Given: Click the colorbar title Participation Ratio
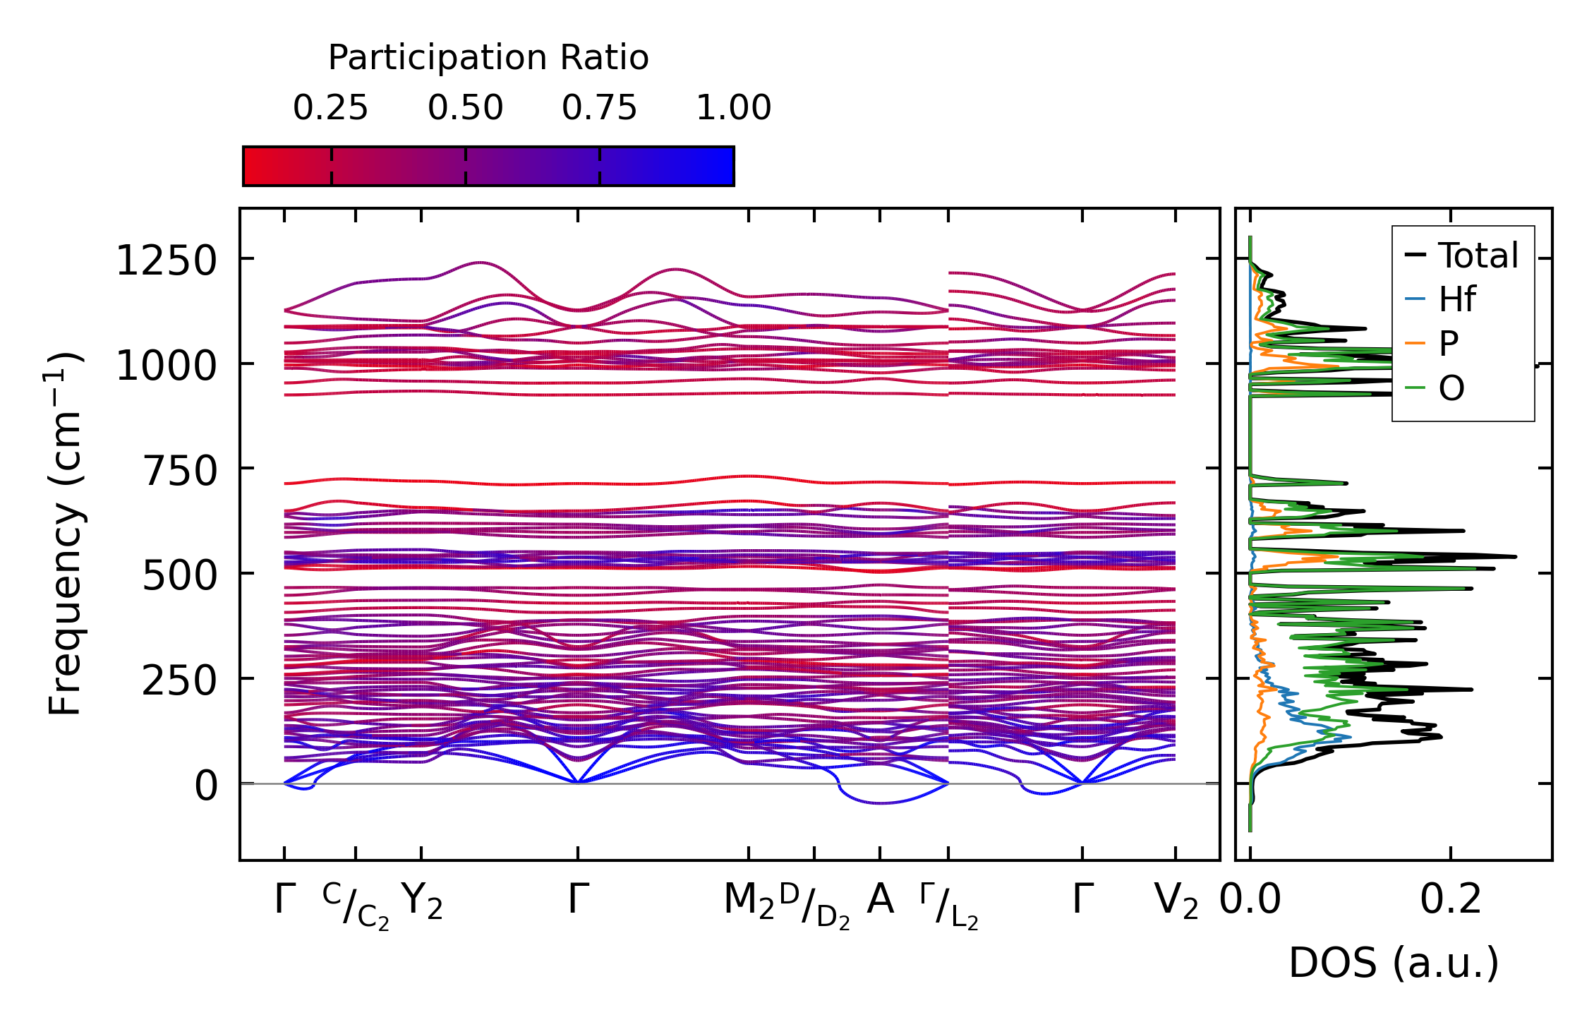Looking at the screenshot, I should (x=488, y=58).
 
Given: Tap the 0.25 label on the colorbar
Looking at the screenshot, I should (x=330, y=108).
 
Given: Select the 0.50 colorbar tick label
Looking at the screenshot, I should (x=465, y=108).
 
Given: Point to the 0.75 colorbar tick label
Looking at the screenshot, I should (x=599, y=108).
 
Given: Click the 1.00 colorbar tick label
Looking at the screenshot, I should (x=733, y=108).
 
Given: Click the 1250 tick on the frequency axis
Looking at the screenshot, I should (x=166, y=261).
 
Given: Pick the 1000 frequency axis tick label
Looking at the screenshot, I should (x=166, y=366).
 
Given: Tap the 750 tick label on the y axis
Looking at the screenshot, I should (x=180, y=471).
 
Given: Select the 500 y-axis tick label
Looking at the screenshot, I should (x=180, y=576).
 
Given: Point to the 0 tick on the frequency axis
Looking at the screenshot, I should (x=206, y=786).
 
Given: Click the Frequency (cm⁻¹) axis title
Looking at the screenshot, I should (x=65, y=534).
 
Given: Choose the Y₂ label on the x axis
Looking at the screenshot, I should (x=422, y=902).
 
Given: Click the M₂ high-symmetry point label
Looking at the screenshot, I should (x=749, y=902).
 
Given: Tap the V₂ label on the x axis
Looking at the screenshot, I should (x=1176, y=902).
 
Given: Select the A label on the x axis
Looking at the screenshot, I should (x=880, y=900).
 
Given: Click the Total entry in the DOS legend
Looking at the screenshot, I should (x=1478, y=256).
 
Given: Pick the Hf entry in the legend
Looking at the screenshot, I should (x=1456, y=299).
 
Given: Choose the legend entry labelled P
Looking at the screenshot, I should (x=1448, y=344).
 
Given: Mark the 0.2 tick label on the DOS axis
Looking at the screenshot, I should (x=1450, y=901).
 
